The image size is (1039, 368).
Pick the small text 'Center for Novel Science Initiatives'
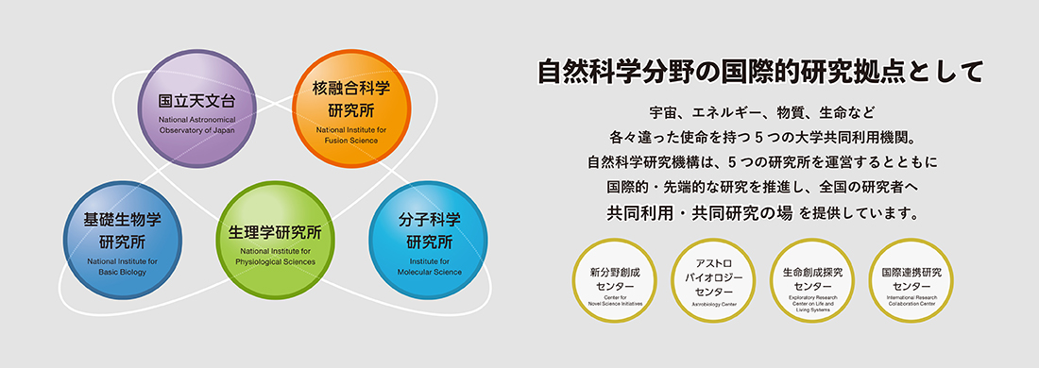pyautogui.click(x=615, y=302)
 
